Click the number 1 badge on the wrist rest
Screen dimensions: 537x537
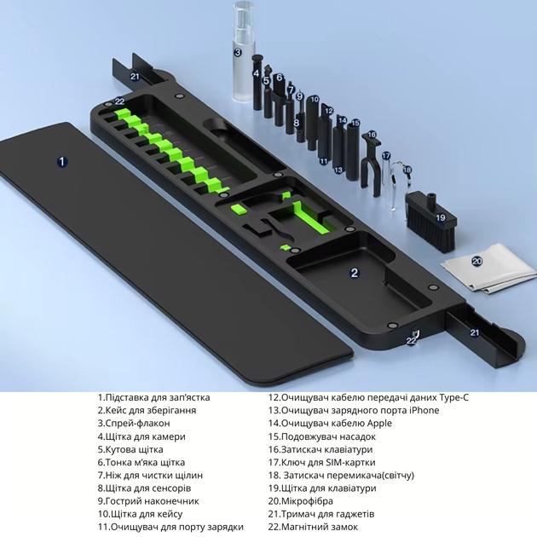coord(62,161)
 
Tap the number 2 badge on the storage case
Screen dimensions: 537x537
coord(355,273)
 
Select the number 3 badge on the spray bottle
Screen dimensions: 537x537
coord(238,52)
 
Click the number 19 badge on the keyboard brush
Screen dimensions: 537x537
coord(441,217)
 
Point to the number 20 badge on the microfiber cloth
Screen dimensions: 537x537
coord(476,262)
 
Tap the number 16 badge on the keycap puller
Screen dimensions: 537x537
coord(372,135)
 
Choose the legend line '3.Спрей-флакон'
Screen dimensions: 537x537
coord(134,424)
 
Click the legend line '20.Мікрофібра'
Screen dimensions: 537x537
coord(300,501)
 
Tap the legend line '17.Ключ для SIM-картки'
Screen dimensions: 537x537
coord(321,462)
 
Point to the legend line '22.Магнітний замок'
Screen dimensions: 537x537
coord(313,527)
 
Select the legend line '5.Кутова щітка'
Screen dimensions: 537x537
coord(130,449)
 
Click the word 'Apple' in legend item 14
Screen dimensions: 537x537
coord(379,424)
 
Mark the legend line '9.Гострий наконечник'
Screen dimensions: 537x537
coord(148,501)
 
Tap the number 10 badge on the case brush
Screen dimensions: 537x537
coord(315,100)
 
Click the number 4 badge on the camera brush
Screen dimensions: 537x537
coord(257,73)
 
